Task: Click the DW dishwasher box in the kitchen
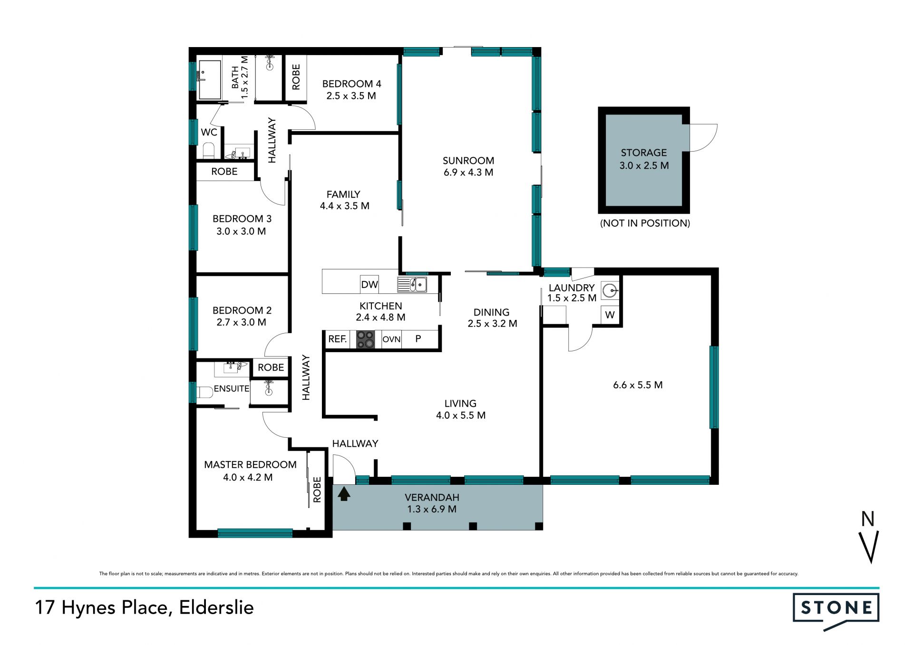(x=369, y=284)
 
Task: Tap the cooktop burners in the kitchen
(x=366, y=339)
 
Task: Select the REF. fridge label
(x=337, y=339)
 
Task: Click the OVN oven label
(x=391, y=339)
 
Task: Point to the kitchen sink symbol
(x=412, y=285)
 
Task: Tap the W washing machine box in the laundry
(x=610, y=315)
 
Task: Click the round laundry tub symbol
(x=610, y=290)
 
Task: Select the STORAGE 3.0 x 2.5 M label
(x=644, y=159)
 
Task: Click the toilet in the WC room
(x=209, y=151)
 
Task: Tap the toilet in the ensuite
(x=205, y=393)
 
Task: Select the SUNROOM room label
(x=468, y=161)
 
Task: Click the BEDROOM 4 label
(x=352, y=84)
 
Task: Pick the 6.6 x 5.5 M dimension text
(x=638, y=385)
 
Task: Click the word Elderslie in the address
(x=216, y=607)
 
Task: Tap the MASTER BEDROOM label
(x=250, y=465)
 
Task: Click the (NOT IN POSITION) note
(x=645, y=223)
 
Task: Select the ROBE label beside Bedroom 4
(x=296, y=77)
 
